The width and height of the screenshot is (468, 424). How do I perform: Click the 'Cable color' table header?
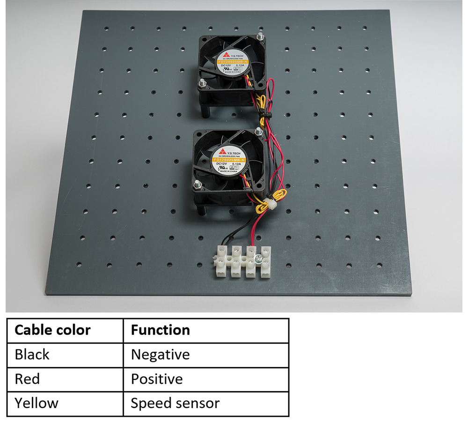tap(52, 330)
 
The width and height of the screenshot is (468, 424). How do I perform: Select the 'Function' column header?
tap(161, 330)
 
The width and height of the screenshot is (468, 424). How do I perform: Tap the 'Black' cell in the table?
tap(32, 354)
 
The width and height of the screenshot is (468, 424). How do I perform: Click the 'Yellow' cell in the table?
tap(37, 403)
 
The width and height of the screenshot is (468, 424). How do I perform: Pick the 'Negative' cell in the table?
tap(161, 354)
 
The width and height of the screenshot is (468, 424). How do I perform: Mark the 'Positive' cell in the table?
tap(157, 379)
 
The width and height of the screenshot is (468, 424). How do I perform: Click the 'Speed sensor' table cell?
tap(175, 403)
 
